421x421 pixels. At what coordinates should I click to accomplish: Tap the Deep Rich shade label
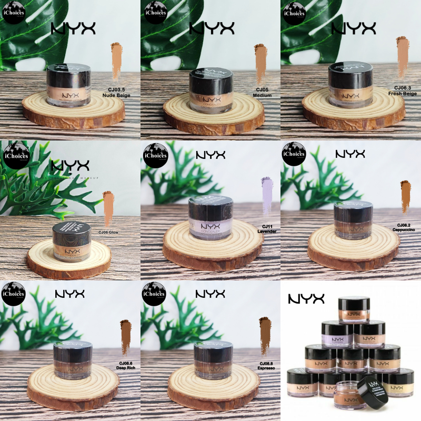(125, 366)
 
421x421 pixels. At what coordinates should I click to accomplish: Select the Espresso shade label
(265, 366)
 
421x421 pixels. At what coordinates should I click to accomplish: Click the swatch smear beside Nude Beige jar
(116, 61)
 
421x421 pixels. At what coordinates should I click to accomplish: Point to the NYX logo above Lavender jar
(210, 155)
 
